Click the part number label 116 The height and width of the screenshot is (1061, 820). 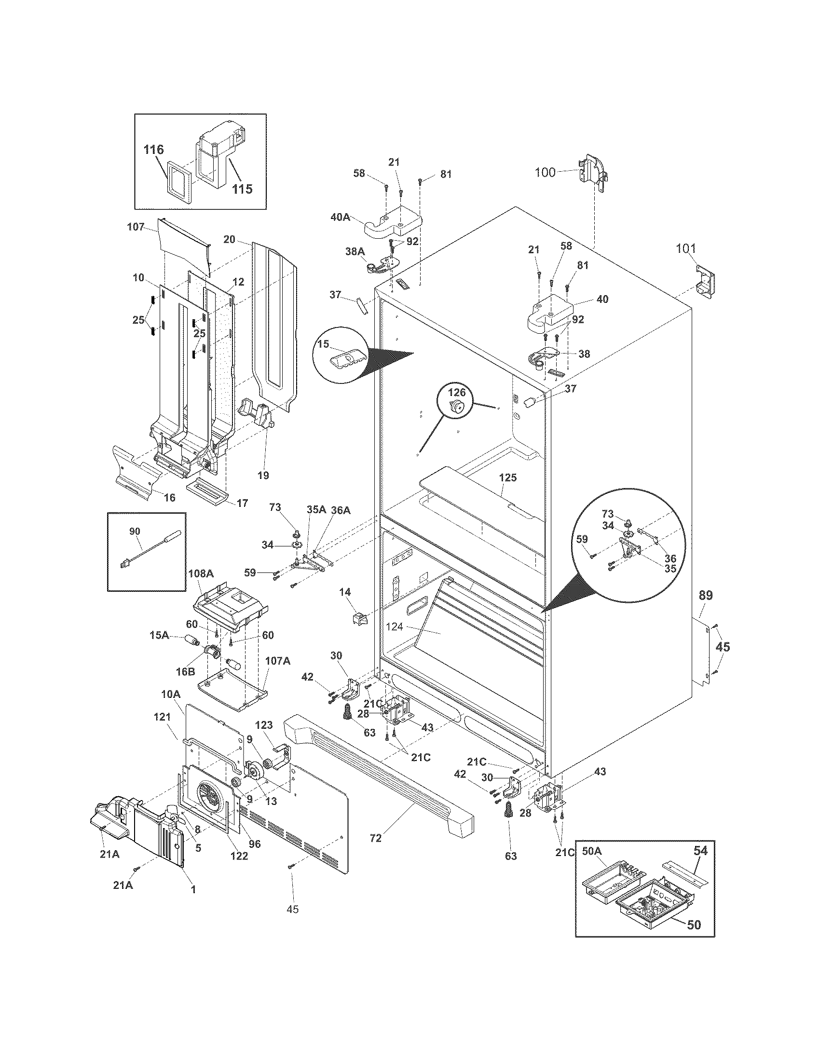pyautogui.click(x=153, y=150)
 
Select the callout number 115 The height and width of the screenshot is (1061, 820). pyautogui.click(x=242, y=189)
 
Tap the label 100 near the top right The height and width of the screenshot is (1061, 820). pyautogui.click(x=545, y=172)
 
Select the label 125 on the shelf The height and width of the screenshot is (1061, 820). pyautogui.click(x=507, y=477)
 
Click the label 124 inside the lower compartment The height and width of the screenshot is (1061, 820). pyautogui.click(x=395, y=626)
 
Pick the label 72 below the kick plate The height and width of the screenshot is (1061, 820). pyautogui.click(x=375, y=838)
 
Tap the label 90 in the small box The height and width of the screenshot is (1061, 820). pyautogui.click(x=135, y=531)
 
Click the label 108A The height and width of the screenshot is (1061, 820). pyautogui.click(x=201, y=573)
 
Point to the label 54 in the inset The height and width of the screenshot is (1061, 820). pyautogui.click(x=700, y=850)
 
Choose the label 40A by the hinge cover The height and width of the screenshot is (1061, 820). pyautogui.click(x=340, y=217)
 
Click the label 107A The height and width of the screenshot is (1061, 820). pyautogui.click(x=278, y=661)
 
